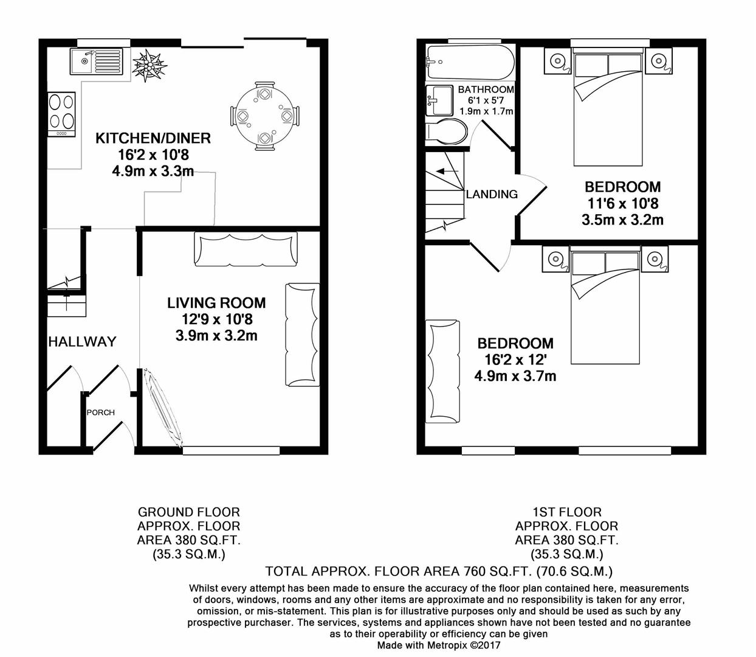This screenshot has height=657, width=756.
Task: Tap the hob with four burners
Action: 61,114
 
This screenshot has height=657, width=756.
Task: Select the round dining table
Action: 264,116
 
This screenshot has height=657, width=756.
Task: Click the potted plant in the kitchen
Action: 149,64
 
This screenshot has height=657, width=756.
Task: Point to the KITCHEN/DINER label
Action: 153,138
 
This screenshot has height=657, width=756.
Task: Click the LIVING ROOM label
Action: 216,302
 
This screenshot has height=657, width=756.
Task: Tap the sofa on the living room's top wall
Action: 246,249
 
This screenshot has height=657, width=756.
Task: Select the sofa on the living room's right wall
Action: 302,335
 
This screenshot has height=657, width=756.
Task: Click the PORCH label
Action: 100,412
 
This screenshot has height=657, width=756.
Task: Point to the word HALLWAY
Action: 82,342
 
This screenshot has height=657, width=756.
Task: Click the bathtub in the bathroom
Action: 470,62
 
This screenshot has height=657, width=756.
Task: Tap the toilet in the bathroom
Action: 447,131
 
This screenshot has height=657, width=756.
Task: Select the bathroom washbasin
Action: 439,100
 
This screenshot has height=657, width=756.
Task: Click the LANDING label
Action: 492,194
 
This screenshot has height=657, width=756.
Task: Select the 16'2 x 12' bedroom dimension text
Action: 515,360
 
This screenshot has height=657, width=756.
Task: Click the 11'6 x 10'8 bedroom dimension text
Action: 622,203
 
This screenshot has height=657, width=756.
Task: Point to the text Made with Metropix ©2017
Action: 439,645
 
